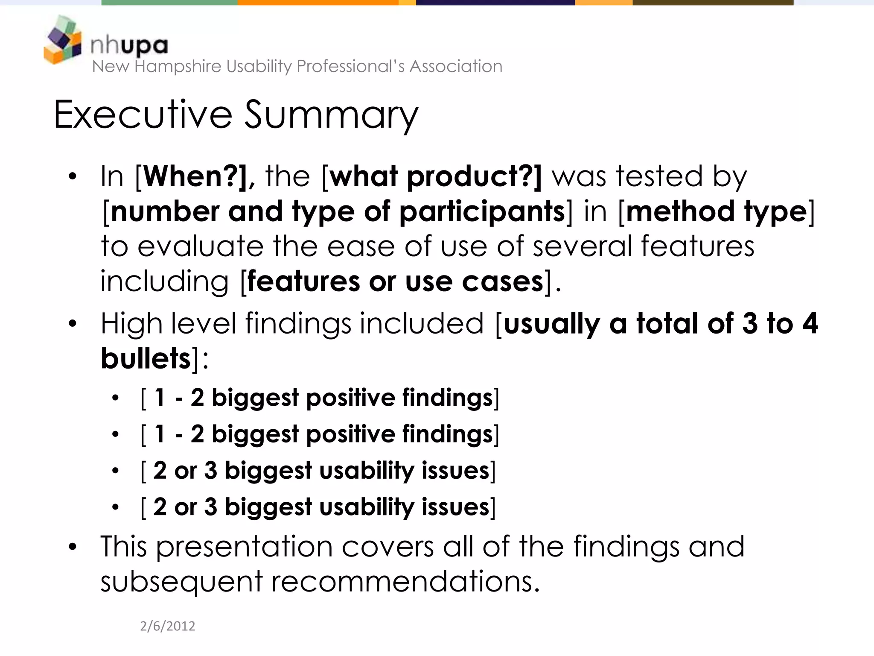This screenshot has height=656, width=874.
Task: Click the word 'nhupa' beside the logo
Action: (129, 45)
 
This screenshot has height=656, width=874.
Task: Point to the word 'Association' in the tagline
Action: (456, 67)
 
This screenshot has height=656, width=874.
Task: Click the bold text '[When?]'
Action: (191, 176)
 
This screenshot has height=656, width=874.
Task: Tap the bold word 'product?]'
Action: (474, 177)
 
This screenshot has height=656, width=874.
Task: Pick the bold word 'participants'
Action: (482, 212)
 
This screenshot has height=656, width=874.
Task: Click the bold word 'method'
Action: (680, 211)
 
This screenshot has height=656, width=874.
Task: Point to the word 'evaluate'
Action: (201, 246)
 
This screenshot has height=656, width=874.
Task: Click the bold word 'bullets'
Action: (146, 358)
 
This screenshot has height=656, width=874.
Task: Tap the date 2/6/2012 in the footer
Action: (167, 626)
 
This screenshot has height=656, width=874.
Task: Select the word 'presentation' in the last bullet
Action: (244, 547)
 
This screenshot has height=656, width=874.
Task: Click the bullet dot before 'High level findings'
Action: (73, 323)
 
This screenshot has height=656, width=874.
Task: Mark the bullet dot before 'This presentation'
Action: (73, 547)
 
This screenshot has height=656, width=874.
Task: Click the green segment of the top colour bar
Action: (169, 3)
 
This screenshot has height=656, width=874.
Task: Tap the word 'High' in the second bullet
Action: (131, 323)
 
